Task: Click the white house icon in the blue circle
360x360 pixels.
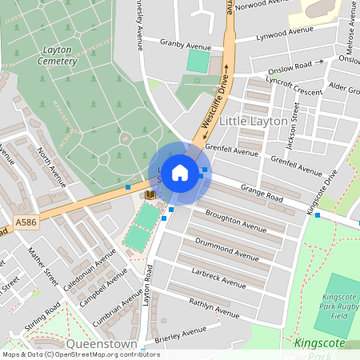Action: [180, 173]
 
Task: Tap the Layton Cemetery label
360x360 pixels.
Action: [58, 55]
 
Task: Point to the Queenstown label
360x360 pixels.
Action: [102, 343]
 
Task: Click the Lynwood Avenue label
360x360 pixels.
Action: [284, 33]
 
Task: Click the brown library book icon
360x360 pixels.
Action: [150, 194]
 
